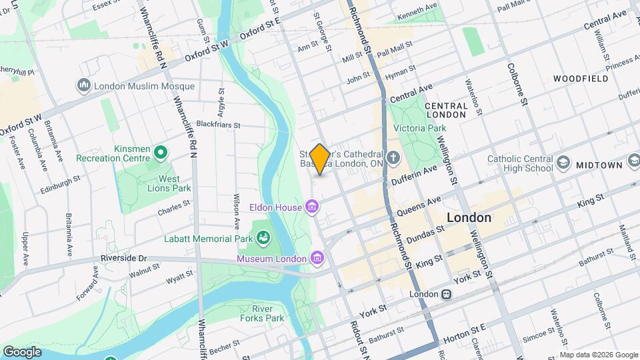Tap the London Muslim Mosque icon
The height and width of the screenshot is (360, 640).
(x=84, y=85)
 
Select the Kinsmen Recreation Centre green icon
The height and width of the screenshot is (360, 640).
(x=160, y=153)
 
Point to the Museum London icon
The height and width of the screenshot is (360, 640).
(x=317, y=258)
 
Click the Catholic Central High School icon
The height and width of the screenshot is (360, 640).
(x=564, y=163)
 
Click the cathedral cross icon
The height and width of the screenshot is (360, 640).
(x=394, y=159)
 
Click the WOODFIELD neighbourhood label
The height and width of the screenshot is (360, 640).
(x=580, y=79)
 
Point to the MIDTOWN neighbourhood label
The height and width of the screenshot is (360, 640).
(x=599, y=165)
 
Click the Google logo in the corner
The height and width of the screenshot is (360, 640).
(x=22, y=351)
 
